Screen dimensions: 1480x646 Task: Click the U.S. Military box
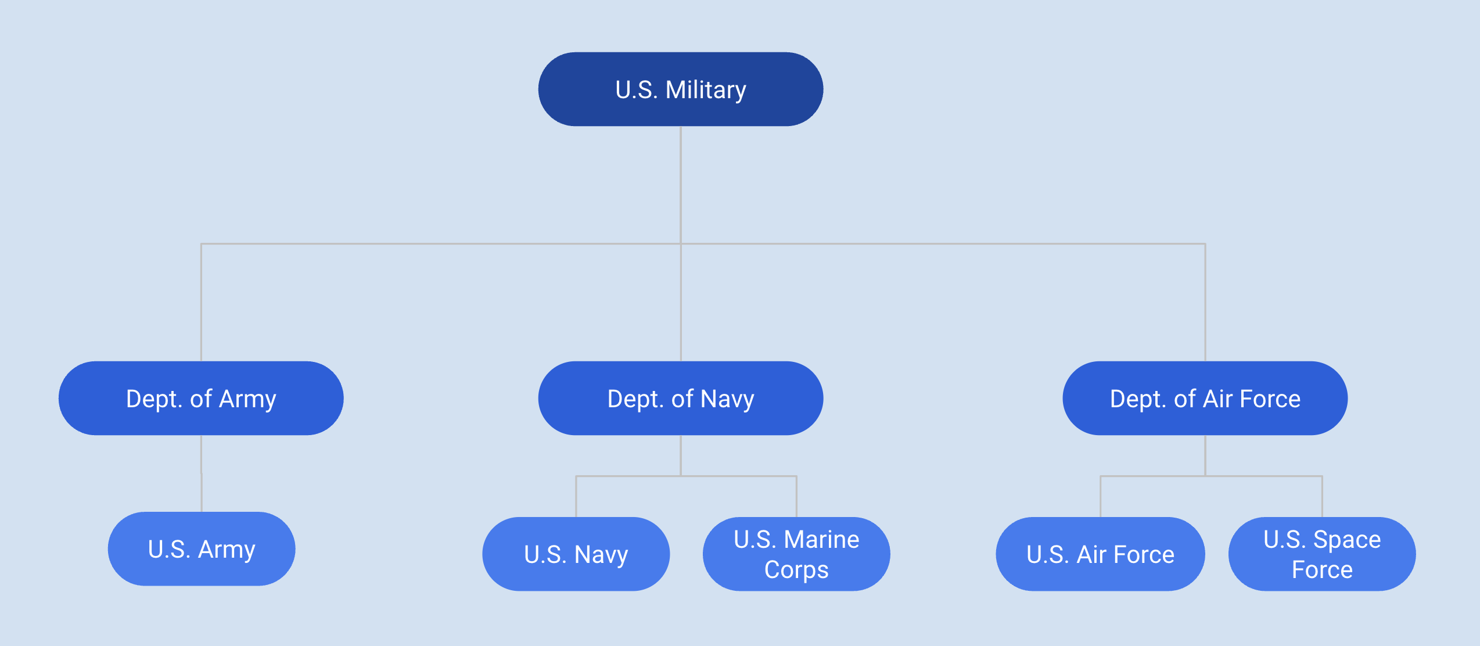680,89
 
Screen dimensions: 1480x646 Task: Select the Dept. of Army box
201,398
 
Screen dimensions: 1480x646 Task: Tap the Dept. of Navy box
680,398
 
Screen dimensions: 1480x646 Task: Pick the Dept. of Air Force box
1205,398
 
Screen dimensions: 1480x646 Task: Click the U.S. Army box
202,548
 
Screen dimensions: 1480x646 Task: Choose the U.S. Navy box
576,554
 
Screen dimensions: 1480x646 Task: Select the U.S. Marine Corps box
796,554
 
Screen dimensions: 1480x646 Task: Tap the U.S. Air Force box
1100,554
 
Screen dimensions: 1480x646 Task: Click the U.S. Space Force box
1322,554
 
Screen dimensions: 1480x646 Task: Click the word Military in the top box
706,90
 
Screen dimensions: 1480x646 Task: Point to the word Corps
796,570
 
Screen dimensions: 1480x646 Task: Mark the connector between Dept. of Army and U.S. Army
202,473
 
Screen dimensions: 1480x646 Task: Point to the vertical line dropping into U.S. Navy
576,497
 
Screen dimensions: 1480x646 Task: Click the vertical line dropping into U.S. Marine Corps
796,497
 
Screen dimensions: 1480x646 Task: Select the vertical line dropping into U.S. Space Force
1322,497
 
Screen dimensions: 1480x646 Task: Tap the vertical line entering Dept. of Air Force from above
1205,302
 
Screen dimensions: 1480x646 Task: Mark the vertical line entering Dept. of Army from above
201,302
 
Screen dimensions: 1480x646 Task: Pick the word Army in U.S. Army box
227,550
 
